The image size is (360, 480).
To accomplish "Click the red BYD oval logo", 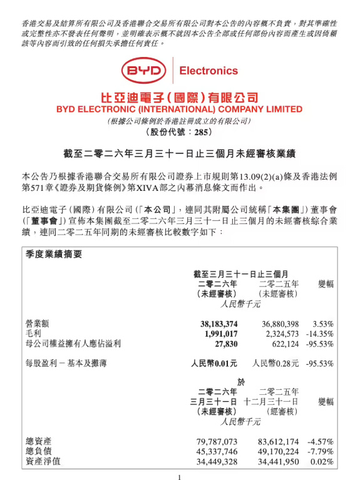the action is [144, 71].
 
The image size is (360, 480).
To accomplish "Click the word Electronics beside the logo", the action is [208, 71].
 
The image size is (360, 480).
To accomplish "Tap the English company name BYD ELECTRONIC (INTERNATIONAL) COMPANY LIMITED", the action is [179, 108].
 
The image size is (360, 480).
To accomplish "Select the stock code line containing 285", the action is [179, 132].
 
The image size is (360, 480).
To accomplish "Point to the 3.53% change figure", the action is [322, 324].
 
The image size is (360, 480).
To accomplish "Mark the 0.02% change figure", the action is [322, 462].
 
